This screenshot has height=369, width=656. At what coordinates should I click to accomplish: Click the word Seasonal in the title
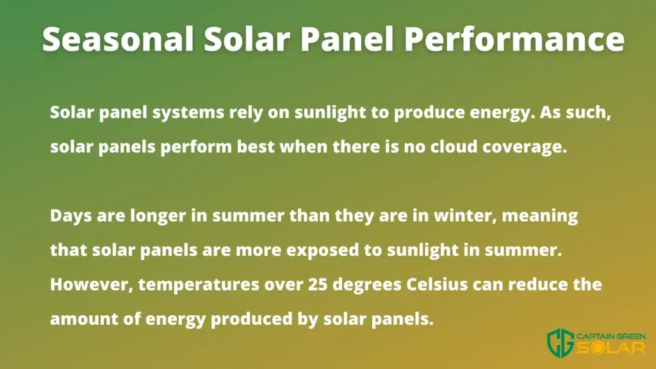coord(118,38)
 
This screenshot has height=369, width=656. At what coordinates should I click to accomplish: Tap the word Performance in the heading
coord(514,38)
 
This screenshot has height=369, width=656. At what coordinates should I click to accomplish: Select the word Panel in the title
coord(347,38)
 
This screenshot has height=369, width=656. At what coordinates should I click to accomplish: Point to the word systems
coord(188,113)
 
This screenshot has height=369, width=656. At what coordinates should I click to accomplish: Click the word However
coord(92,284)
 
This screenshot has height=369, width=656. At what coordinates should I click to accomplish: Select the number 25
coord(318,284)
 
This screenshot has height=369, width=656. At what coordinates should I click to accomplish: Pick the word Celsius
coord(437,284)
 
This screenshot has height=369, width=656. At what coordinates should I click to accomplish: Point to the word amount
coord(84,319)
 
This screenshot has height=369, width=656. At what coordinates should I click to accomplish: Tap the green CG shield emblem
coord(561,343)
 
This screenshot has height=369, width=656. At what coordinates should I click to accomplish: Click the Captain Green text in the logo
coord(611,336)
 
